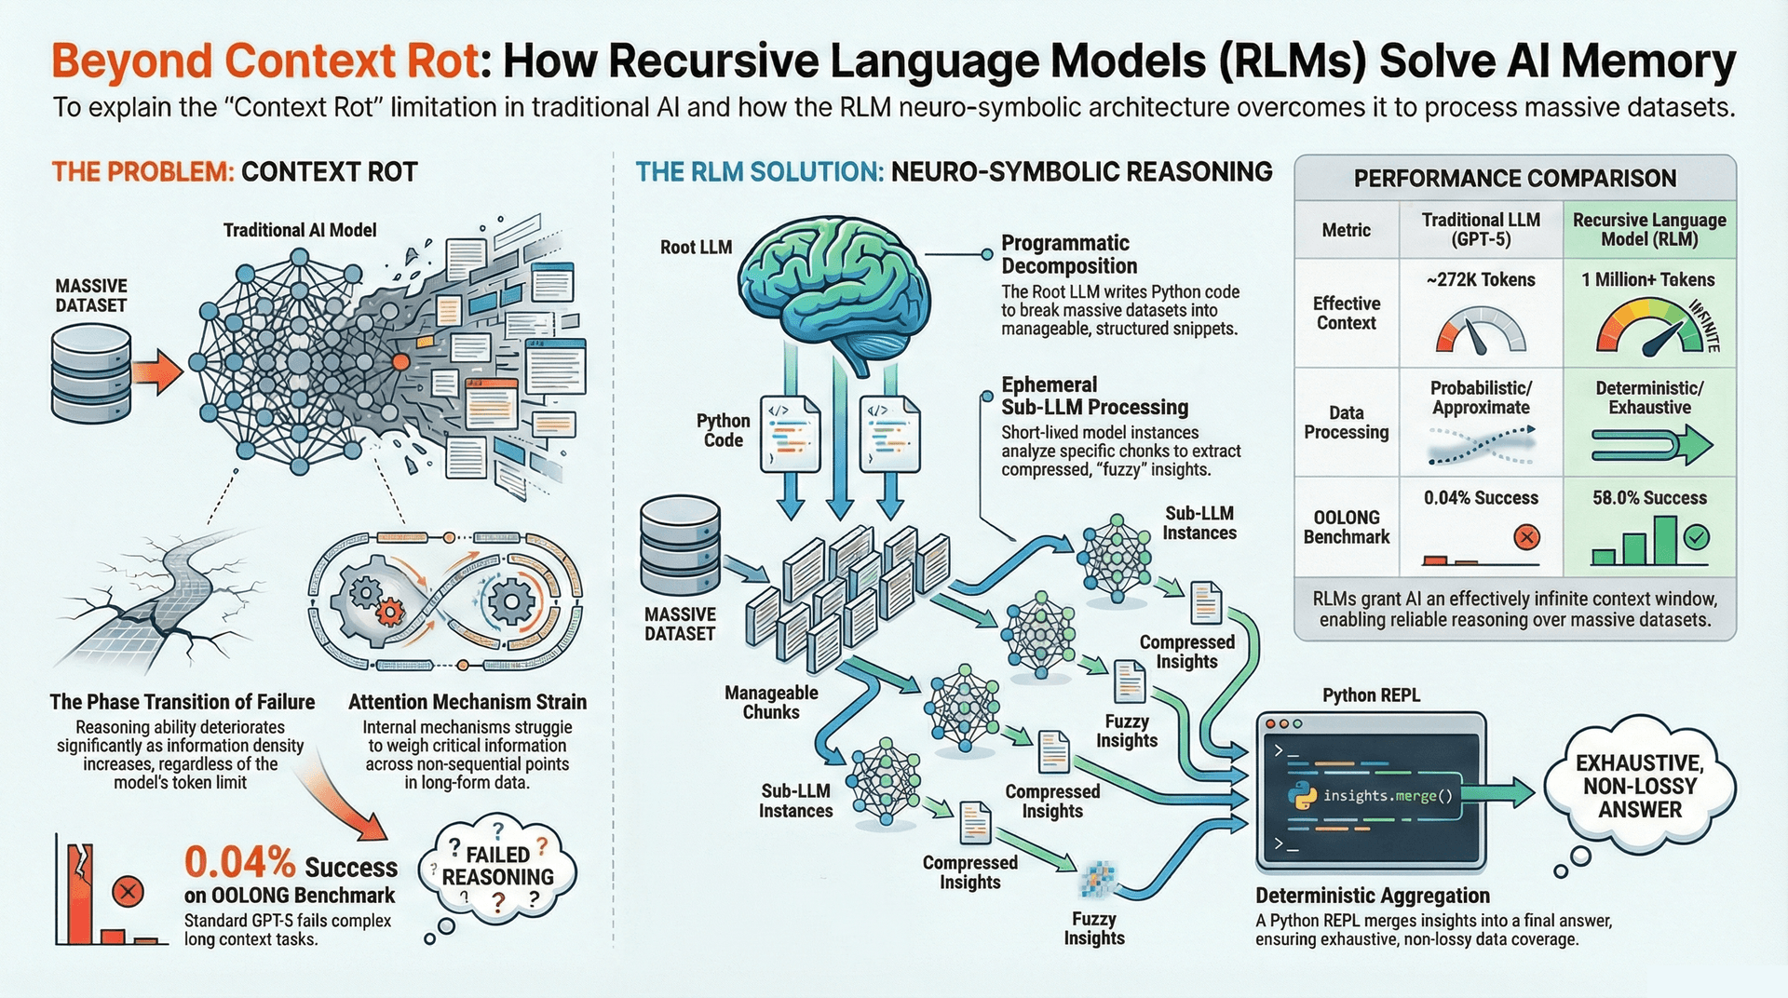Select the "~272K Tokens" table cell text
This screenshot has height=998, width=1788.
point(1480,279)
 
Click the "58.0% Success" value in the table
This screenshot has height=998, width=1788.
point(1649,498)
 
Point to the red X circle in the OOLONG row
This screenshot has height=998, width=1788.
point(1526,536)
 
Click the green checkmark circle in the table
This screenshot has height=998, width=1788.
point(1697,536)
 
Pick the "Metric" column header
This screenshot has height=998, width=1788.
point(1346,230)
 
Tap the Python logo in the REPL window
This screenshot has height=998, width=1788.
point(1301,796)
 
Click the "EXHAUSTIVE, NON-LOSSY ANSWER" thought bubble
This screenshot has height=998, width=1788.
point(1639,787)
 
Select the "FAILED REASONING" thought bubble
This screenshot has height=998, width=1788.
point(497,868)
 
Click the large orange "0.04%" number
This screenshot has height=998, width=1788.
point(239,863)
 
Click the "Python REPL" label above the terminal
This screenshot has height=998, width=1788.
point(1371,695)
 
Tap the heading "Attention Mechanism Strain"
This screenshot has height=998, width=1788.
point(467,702)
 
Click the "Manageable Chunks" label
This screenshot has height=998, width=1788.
point(771,702)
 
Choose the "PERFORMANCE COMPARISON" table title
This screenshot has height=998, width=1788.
point(1514,178)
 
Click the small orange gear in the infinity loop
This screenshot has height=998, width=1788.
point(389,611)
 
